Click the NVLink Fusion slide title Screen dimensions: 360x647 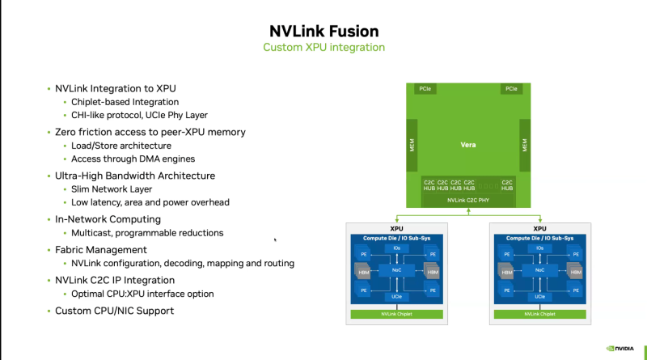pos(323,32)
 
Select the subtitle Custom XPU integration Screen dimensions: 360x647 pos(323,48)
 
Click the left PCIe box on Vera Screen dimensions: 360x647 pos(425,88)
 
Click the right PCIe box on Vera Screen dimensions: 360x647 pos(511,88)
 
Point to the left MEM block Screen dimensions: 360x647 pos(412,146)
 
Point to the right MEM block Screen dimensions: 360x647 pos(524,146)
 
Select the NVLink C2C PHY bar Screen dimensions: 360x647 pos(468,199)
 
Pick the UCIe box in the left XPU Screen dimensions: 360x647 pos(396,297)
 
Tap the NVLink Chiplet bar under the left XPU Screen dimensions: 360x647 pos(396,312)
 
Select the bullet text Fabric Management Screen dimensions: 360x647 pos(101,250)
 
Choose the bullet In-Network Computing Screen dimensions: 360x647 pos(108,219)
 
